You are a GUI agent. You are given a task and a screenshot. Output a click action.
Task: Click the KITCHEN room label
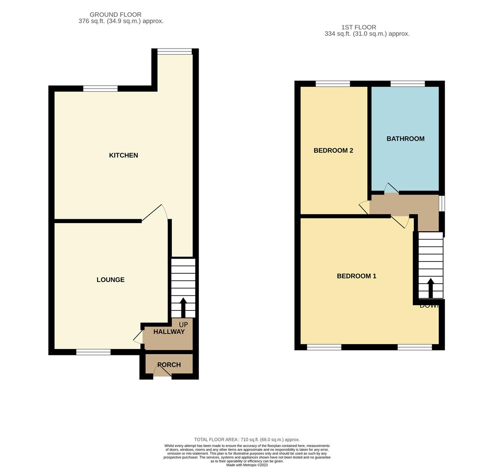(123, 155)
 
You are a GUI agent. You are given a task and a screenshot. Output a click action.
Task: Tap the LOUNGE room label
(110, 280)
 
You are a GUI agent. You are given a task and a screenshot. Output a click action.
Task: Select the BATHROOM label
(405, 139)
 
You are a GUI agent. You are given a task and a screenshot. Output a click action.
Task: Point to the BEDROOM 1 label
(356, 276)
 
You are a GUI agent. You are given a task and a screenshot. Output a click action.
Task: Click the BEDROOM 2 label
(333, 150)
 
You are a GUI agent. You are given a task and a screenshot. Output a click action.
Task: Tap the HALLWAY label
(169, 332)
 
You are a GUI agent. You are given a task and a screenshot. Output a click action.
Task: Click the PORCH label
(169, 365)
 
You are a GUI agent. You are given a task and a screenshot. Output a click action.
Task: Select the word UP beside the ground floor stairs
(183, 325)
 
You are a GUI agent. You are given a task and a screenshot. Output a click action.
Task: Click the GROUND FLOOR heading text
(116, 15)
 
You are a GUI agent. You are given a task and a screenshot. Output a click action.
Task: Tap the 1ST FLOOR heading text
(359, 27)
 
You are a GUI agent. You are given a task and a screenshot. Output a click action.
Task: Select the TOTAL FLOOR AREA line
(247, 439)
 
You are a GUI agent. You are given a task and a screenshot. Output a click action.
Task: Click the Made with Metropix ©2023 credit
(247, 465)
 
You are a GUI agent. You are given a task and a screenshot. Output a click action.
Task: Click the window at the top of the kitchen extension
(174, 52)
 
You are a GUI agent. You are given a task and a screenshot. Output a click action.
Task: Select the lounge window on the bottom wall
(93, 352)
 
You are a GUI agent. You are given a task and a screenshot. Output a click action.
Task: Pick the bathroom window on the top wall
(407, 84)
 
